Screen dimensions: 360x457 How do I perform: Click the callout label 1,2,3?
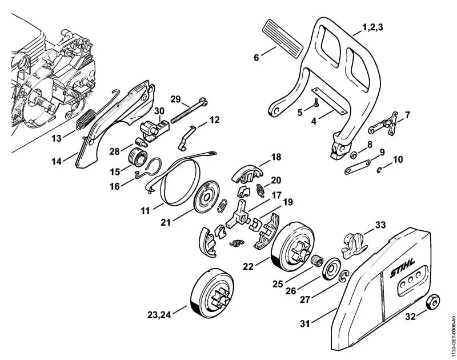point(373,27)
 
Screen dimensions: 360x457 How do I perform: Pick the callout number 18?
point(276,157)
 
